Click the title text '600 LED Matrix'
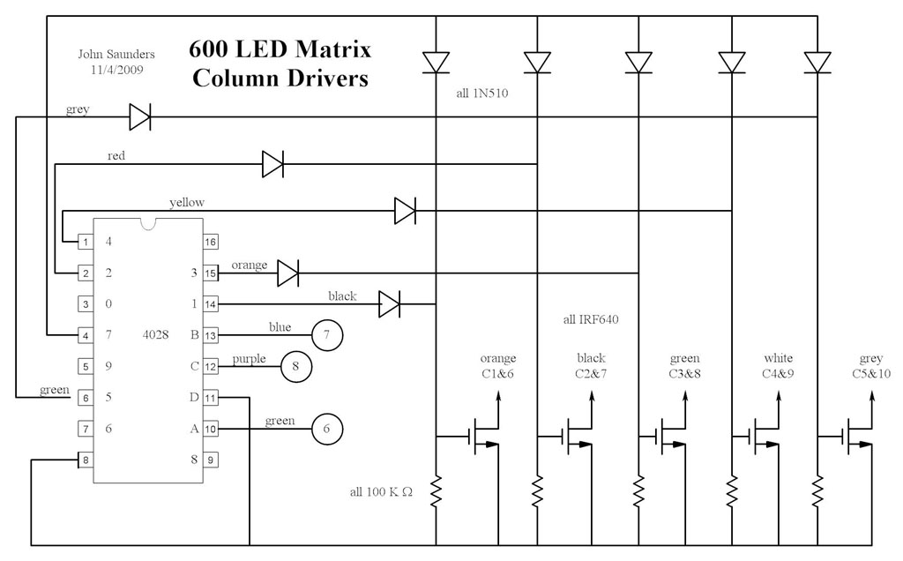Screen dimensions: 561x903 point(280,49)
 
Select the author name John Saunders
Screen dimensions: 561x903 point(110,54)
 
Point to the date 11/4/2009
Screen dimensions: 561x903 point(110,68)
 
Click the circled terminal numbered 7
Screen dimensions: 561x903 point(327,335)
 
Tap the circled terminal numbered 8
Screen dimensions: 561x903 point(296,366)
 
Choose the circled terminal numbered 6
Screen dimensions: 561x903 point(327,429)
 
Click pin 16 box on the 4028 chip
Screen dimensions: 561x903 point(211,241)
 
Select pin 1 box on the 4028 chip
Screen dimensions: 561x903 point(86,241)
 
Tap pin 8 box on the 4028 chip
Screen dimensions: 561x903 point(86,460)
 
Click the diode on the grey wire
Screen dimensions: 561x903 point(140,116)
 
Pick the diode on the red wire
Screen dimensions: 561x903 point(272,163)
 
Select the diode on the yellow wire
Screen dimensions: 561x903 point(405,211)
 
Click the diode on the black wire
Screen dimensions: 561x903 point(389,304)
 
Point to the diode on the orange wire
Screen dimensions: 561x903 point(288,273)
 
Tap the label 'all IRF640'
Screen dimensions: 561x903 point(590,319)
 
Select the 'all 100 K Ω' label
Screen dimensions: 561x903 point(380,491)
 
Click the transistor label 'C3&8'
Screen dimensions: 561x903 point(684,373)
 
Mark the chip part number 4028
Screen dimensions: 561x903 point(156,335)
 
